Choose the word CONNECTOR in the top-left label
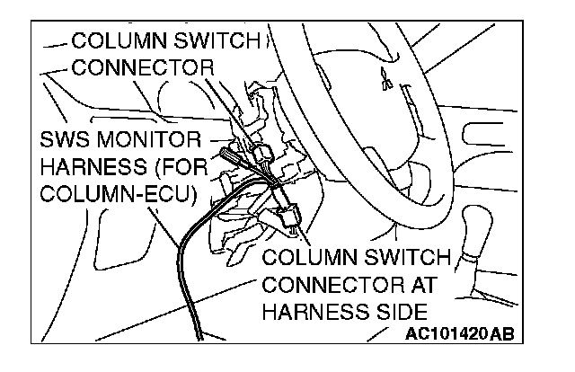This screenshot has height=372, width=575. coord(144,67)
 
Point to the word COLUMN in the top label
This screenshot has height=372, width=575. coord(111,41)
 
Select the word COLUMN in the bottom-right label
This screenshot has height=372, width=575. coord(305,260)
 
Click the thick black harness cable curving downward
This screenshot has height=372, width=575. coord(181,270)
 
